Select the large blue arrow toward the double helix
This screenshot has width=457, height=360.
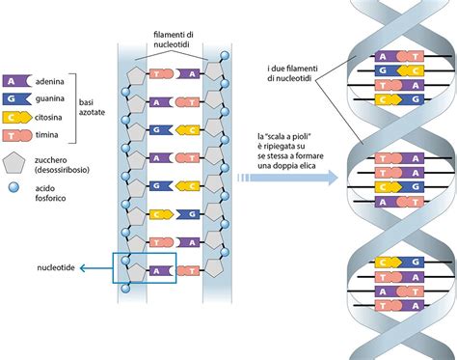[x=289, y=178]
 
